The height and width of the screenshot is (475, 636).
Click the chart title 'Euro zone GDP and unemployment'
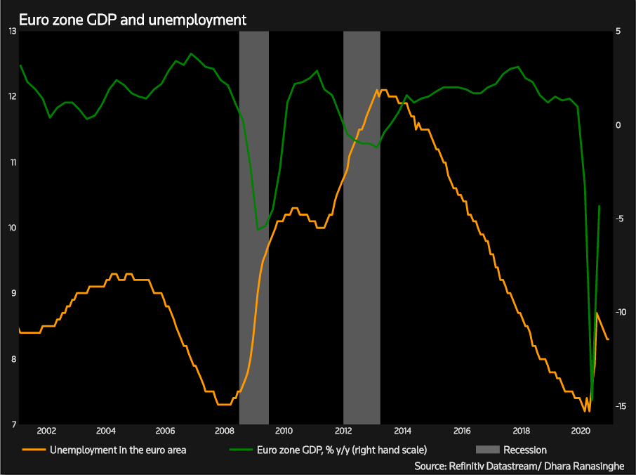point(133,20)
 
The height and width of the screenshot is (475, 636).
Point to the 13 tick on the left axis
point(12,31)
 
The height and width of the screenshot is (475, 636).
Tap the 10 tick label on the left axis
point(12,228)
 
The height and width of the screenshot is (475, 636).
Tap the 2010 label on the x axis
point(284,431)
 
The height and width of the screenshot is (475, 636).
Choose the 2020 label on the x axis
point(581,431)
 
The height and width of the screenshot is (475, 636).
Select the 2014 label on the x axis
point(402,431)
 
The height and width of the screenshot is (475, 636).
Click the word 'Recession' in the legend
point(525,450)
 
